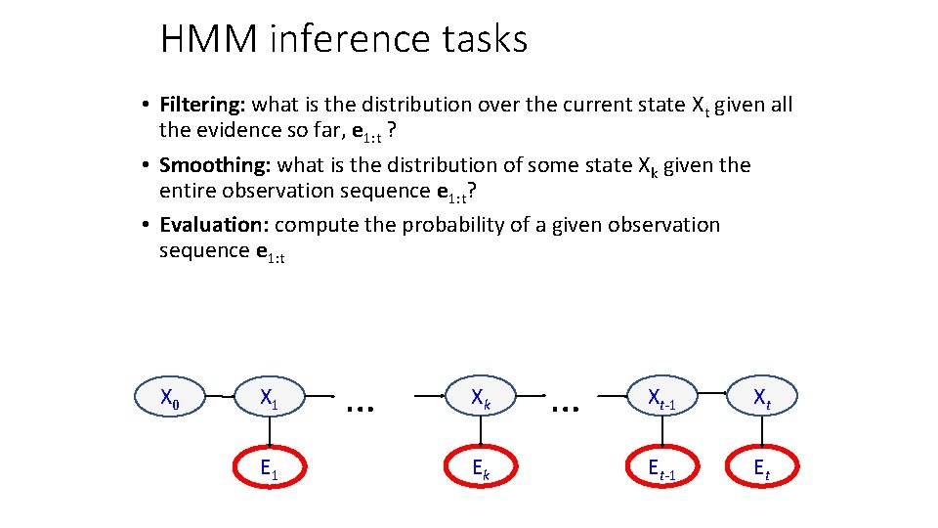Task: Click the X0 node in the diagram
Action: [x=169, y=398]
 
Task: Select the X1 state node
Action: [x=269, y=398]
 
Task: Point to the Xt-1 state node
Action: [x=661, y=398]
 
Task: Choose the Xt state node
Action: [x=761, y=398]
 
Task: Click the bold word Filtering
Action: [x=201, y=105]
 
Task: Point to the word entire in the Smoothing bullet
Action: [x=190, y=191]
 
